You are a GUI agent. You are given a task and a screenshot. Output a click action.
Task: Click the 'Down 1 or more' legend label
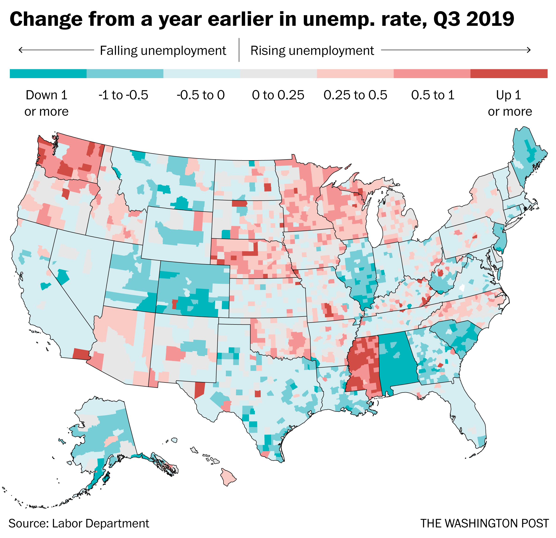pos(46,103)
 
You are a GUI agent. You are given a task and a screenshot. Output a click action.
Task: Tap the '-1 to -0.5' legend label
pos(123,95)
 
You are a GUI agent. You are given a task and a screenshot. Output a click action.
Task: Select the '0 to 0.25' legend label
pos(278,95)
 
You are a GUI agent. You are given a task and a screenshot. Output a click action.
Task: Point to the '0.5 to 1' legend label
pos(433,95)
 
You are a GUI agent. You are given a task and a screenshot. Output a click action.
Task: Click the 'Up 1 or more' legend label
pos(509,103)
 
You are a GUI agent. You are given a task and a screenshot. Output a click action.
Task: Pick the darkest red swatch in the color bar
pos(509,73)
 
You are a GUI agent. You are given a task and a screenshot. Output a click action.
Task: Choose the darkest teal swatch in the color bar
pos(48,73)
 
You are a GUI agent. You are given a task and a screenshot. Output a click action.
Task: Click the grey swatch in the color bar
pos(278,73)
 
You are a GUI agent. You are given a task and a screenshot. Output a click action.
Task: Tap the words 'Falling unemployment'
pos(163,51)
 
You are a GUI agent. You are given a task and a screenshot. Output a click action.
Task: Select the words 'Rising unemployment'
pos(312,51)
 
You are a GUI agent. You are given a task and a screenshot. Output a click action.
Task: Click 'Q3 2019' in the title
pos(474,19)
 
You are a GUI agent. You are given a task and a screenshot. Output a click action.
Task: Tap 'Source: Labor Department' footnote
pos(79,523)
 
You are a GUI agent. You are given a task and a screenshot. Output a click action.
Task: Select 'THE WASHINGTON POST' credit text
pos(484,523)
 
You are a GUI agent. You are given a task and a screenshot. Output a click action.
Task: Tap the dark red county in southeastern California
pos(81,354)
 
